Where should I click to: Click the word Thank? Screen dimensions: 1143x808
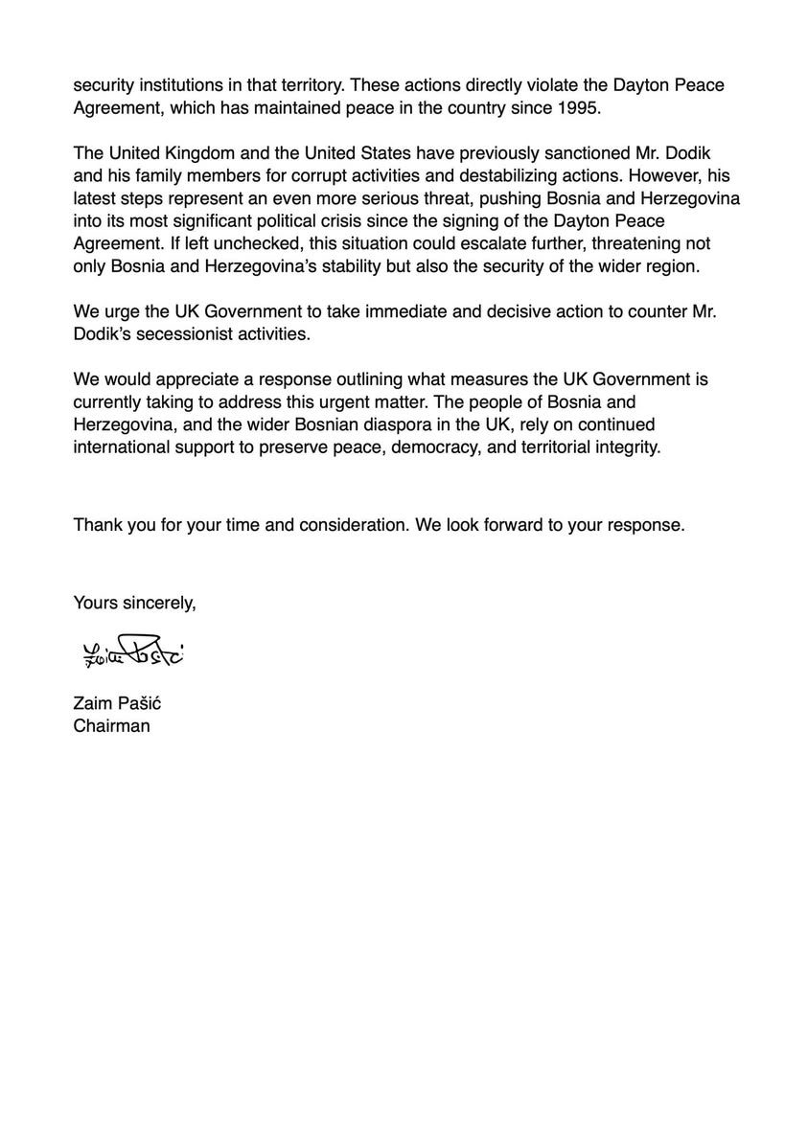click(x=97, y=525)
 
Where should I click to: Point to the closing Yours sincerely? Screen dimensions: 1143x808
click(x=135, y=603)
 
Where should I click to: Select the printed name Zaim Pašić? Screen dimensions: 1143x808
click(x=118, y=704)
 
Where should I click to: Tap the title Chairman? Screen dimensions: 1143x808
click(x=111, y=725)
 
